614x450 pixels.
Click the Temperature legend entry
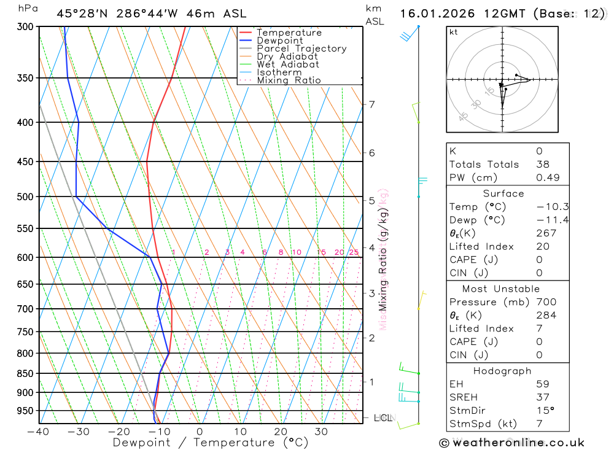(x=289, y=33)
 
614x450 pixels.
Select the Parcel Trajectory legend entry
(x=301, y=48)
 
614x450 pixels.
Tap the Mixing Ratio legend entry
(x=289, y=80)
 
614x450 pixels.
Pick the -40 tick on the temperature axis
(x=38, y=432)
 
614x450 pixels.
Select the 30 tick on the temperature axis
(x=321, y=432)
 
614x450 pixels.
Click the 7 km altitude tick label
(x=371, y=104)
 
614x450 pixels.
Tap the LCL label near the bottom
(x=383, y=418)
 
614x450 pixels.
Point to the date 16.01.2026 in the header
(x=433, y=14)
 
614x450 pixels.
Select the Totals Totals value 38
(x=543, y=165)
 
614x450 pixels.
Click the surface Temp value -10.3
(x=552, y=207)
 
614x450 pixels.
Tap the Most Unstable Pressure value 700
(x=546, y=302)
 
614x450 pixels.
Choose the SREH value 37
(x=542, y=397)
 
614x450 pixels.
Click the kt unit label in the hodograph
(x=453, y=33)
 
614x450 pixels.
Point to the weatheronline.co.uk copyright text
(x=512, y=443)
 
